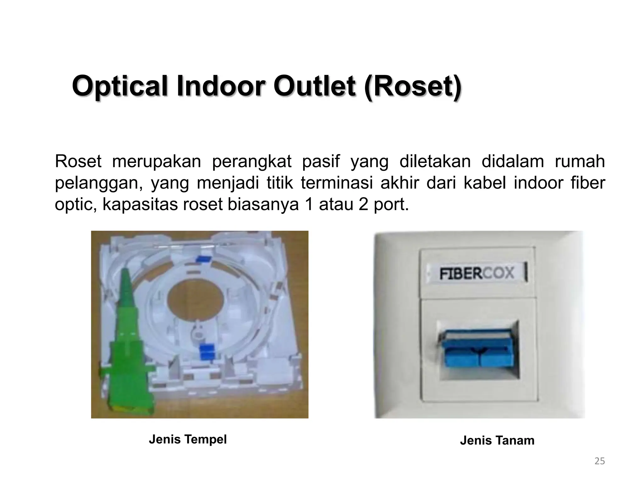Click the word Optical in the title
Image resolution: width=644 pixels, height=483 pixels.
pyautogui.click(x=121, y=86)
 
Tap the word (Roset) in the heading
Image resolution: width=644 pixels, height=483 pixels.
pyautogui.click(x=413, y=86)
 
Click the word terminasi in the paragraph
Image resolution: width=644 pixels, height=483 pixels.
pyautogui.click(x=336, y=183)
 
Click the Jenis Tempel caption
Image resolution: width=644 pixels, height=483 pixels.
pyautogui.click(x=188, y=439)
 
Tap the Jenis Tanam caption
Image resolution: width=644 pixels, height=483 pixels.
pyautogui.click(x=497, y=440)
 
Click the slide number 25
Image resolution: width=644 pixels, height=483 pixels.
pyautogui.click(x=600, y=461)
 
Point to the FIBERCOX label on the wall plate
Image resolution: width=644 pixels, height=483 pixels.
pyautogui.click(x=476, y=273)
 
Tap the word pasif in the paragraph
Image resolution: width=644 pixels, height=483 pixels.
pyautogui.click(x=321, y=162)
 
